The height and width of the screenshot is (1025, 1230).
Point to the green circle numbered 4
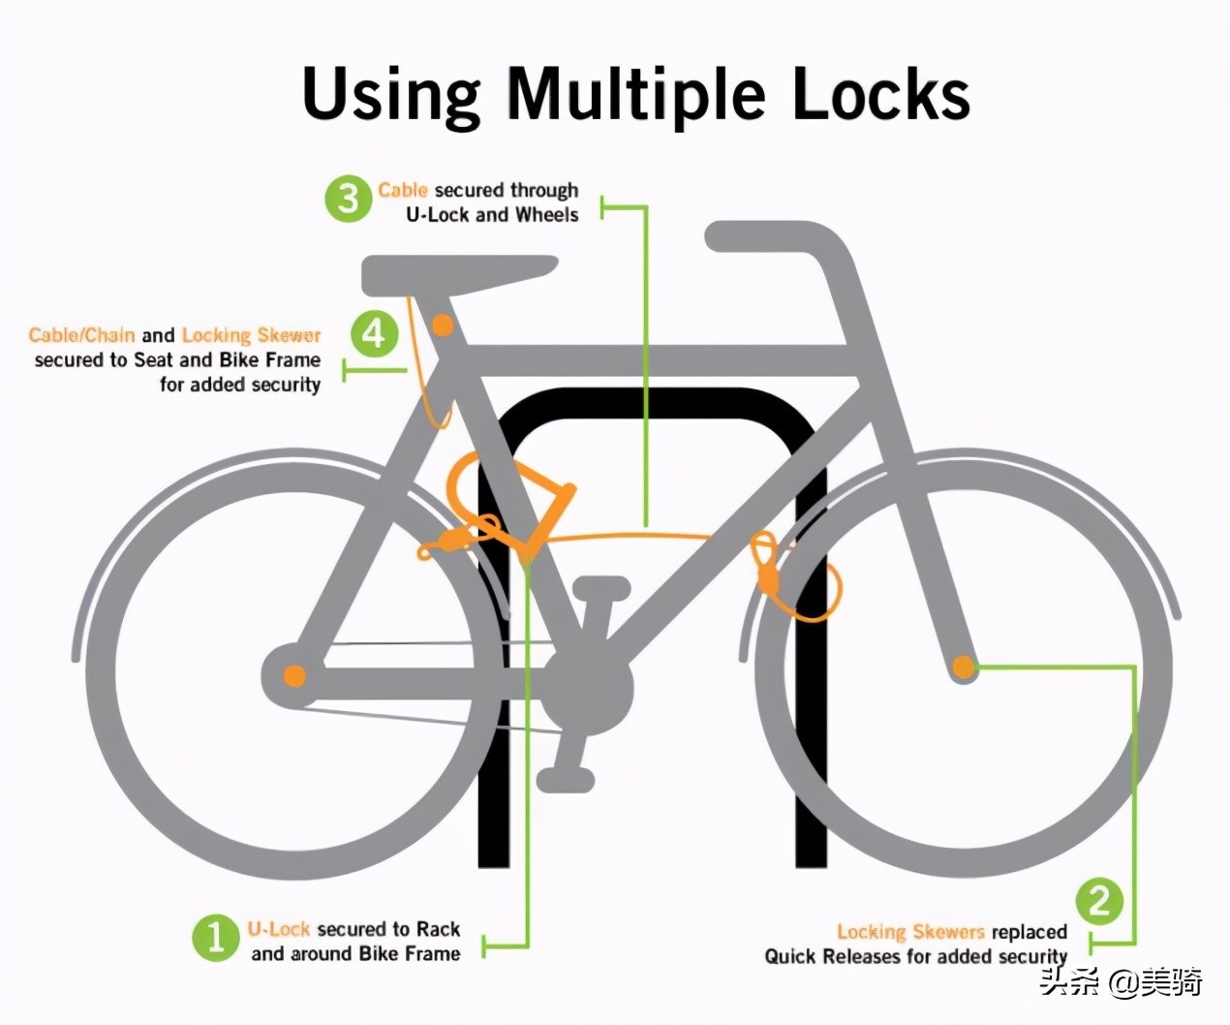click(x=375, y=333)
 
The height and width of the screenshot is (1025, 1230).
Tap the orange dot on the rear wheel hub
click(x=294, y=675)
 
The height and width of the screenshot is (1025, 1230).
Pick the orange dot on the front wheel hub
click(x=964, y=668)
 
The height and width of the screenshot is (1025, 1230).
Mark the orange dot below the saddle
click(x=443, y=325)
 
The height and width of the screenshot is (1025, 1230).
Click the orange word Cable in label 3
click(x=402, y=190)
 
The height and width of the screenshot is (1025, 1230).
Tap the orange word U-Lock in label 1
click(x=279, y=929)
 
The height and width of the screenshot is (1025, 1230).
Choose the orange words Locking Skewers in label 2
click(x=910, y=931)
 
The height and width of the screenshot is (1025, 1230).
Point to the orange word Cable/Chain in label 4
click(x=81, y=335)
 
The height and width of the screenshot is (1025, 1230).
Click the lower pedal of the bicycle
click(x=566, y=780)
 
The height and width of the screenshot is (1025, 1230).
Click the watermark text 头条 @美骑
click(x=1121, y=982)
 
